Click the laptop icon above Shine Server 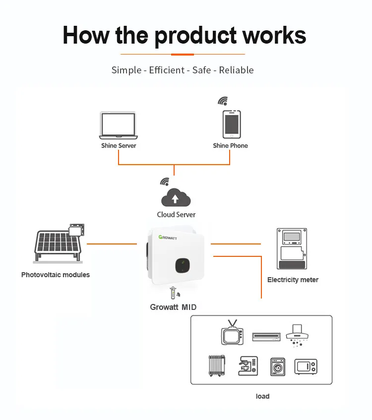coord(118,126)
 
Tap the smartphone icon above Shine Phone coord(231,124)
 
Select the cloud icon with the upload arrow coord(175,198)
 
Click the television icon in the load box coord(232,333)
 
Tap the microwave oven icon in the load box coord(306,366)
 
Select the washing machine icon coord(278,366)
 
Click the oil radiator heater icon coord(217,366)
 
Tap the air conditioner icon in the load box coord(266,337)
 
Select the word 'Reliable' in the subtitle coord(236,70)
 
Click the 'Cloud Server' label coord(176,215)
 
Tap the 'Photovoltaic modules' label coord(56,275)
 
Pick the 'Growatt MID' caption coord(173,307)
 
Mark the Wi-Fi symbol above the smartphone coord(223,101)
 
